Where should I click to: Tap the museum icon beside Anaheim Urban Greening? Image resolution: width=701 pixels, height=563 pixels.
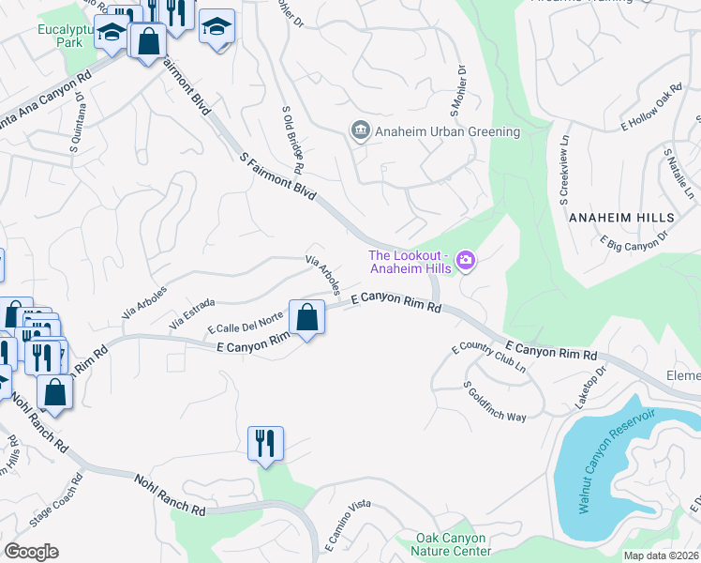pos(359,131)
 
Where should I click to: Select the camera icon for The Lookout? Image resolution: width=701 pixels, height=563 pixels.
pos(467,263)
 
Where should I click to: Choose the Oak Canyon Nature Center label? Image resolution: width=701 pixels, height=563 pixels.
pos(452,544)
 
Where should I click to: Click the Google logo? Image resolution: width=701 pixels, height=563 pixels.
pos(31,552)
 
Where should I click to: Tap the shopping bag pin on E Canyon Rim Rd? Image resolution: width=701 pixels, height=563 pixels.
pos(306,319)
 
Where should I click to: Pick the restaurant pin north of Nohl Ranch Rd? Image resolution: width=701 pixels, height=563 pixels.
pos(264,443)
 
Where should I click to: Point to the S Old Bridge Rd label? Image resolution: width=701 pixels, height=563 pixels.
pos(291,139)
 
